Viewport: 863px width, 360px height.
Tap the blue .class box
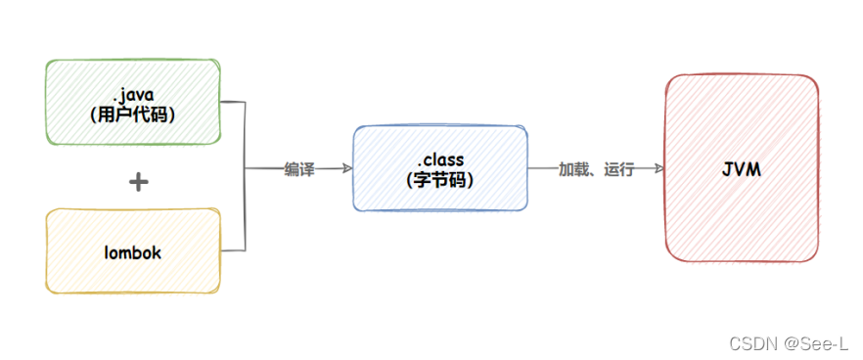(x=439, y=168)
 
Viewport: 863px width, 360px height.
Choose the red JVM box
(x=741, y=168)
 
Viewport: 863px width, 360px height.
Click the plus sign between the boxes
(x=138, y=182)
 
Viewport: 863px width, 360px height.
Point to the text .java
(x=133, y=94)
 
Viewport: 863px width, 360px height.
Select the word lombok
(x=133, y=252)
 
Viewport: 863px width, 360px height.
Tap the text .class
(x=439, y=158)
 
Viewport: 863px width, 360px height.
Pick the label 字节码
(x=439, y=180)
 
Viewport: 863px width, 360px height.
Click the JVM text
(x=741, y=170)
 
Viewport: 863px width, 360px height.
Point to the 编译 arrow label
(x=299, y=169)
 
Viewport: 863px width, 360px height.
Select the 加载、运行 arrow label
(x=597, y=169)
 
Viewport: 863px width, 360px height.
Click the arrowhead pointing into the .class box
(x=346, y=168)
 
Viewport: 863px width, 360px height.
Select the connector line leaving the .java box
(x=232, y=100)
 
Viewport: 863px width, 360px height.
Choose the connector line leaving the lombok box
(x=232, y=249)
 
